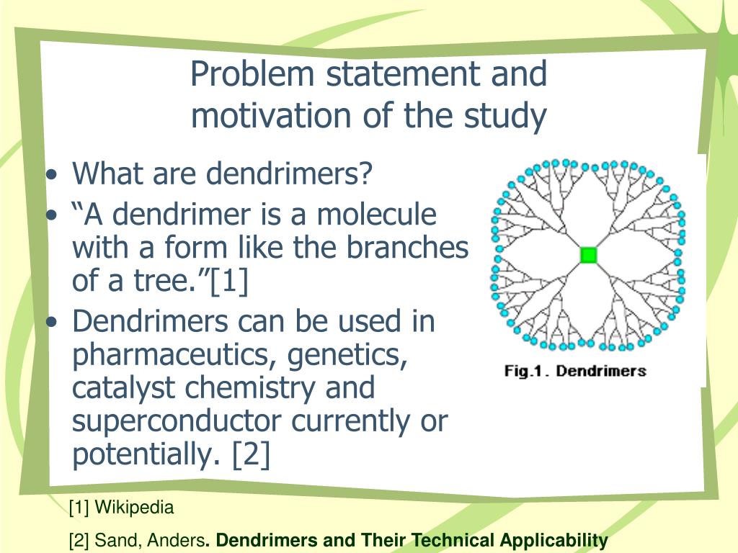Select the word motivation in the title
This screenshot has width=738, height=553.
(264, 115)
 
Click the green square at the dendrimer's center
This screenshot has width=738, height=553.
(589, 255)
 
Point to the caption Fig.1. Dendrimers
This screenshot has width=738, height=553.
(574, 372)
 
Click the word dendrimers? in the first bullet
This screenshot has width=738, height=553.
(290, 173)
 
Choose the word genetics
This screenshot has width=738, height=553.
(344, 356)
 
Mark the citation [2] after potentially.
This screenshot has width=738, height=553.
(251, 454)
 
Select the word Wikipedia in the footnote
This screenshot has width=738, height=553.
(135, 508)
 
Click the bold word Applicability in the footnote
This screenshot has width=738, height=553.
(554, 541)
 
